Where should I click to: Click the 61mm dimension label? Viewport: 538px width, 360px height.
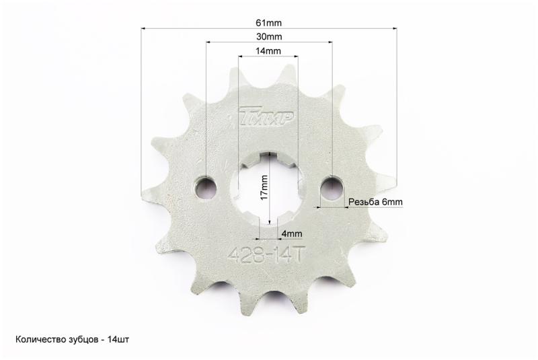[x=268, y=23]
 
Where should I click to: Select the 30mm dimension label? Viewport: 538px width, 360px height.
[x=269, y=36]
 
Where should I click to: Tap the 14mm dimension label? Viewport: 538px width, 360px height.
[x=268, y=51]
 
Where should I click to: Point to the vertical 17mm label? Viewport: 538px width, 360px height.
[x=264, y=188]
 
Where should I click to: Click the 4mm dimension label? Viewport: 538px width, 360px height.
[x=292, y=233]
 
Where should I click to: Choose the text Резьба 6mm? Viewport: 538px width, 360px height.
[x=375, y=202]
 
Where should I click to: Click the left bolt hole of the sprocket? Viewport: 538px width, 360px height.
[x=206, y=187]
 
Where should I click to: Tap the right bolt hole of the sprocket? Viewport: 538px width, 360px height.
[x=332, y=186]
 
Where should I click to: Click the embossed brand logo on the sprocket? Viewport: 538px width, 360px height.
[x=266, y=116]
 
